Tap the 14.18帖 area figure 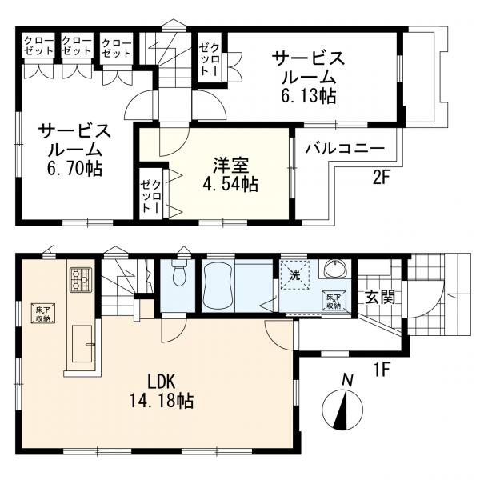point(162,401)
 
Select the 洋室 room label point(231,166)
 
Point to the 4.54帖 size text point(230,184)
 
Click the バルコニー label point(344,149)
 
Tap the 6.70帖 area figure point(74,169)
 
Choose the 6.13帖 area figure point(308,96)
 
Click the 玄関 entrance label point(379,298)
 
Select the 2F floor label point(382,178)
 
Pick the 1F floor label point(382,370)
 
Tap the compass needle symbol point(342,410)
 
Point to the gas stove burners point(81,279)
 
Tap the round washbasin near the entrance point(336,269)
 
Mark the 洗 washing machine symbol point(295,275)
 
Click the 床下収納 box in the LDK point(43,313)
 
